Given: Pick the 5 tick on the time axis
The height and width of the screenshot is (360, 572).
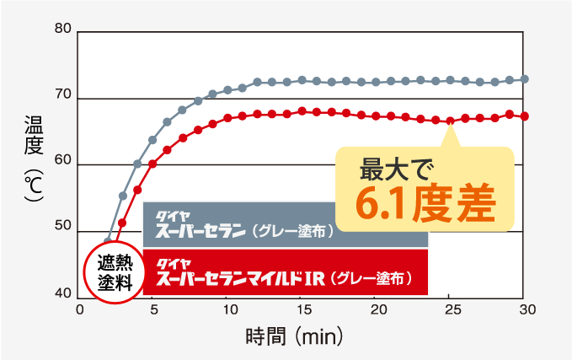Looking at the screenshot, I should point(152,309).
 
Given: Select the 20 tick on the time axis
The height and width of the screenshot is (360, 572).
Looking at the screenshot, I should point(375,309).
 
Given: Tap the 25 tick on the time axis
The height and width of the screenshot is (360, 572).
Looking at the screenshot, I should point(450,309).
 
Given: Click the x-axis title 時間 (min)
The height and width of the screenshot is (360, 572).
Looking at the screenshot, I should point(295,337).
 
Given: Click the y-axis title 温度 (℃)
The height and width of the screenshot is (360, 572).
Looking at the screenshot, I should point(32,160).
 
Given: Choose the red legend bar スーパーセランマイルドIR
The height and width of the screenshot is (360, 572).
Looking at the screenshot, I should point(286,272).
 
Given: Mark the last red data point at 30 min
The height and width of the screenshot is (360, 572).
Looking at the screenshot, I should point(525,116).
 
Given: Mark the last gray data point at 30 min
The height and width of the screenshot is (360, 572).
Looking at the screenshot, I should point(525,79).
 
